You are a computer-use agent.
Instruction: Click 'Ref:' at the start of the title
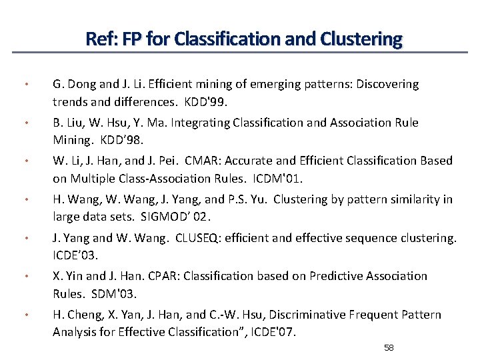(99, 39)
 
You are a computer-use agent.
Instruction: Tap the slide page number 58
(390, 348)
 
